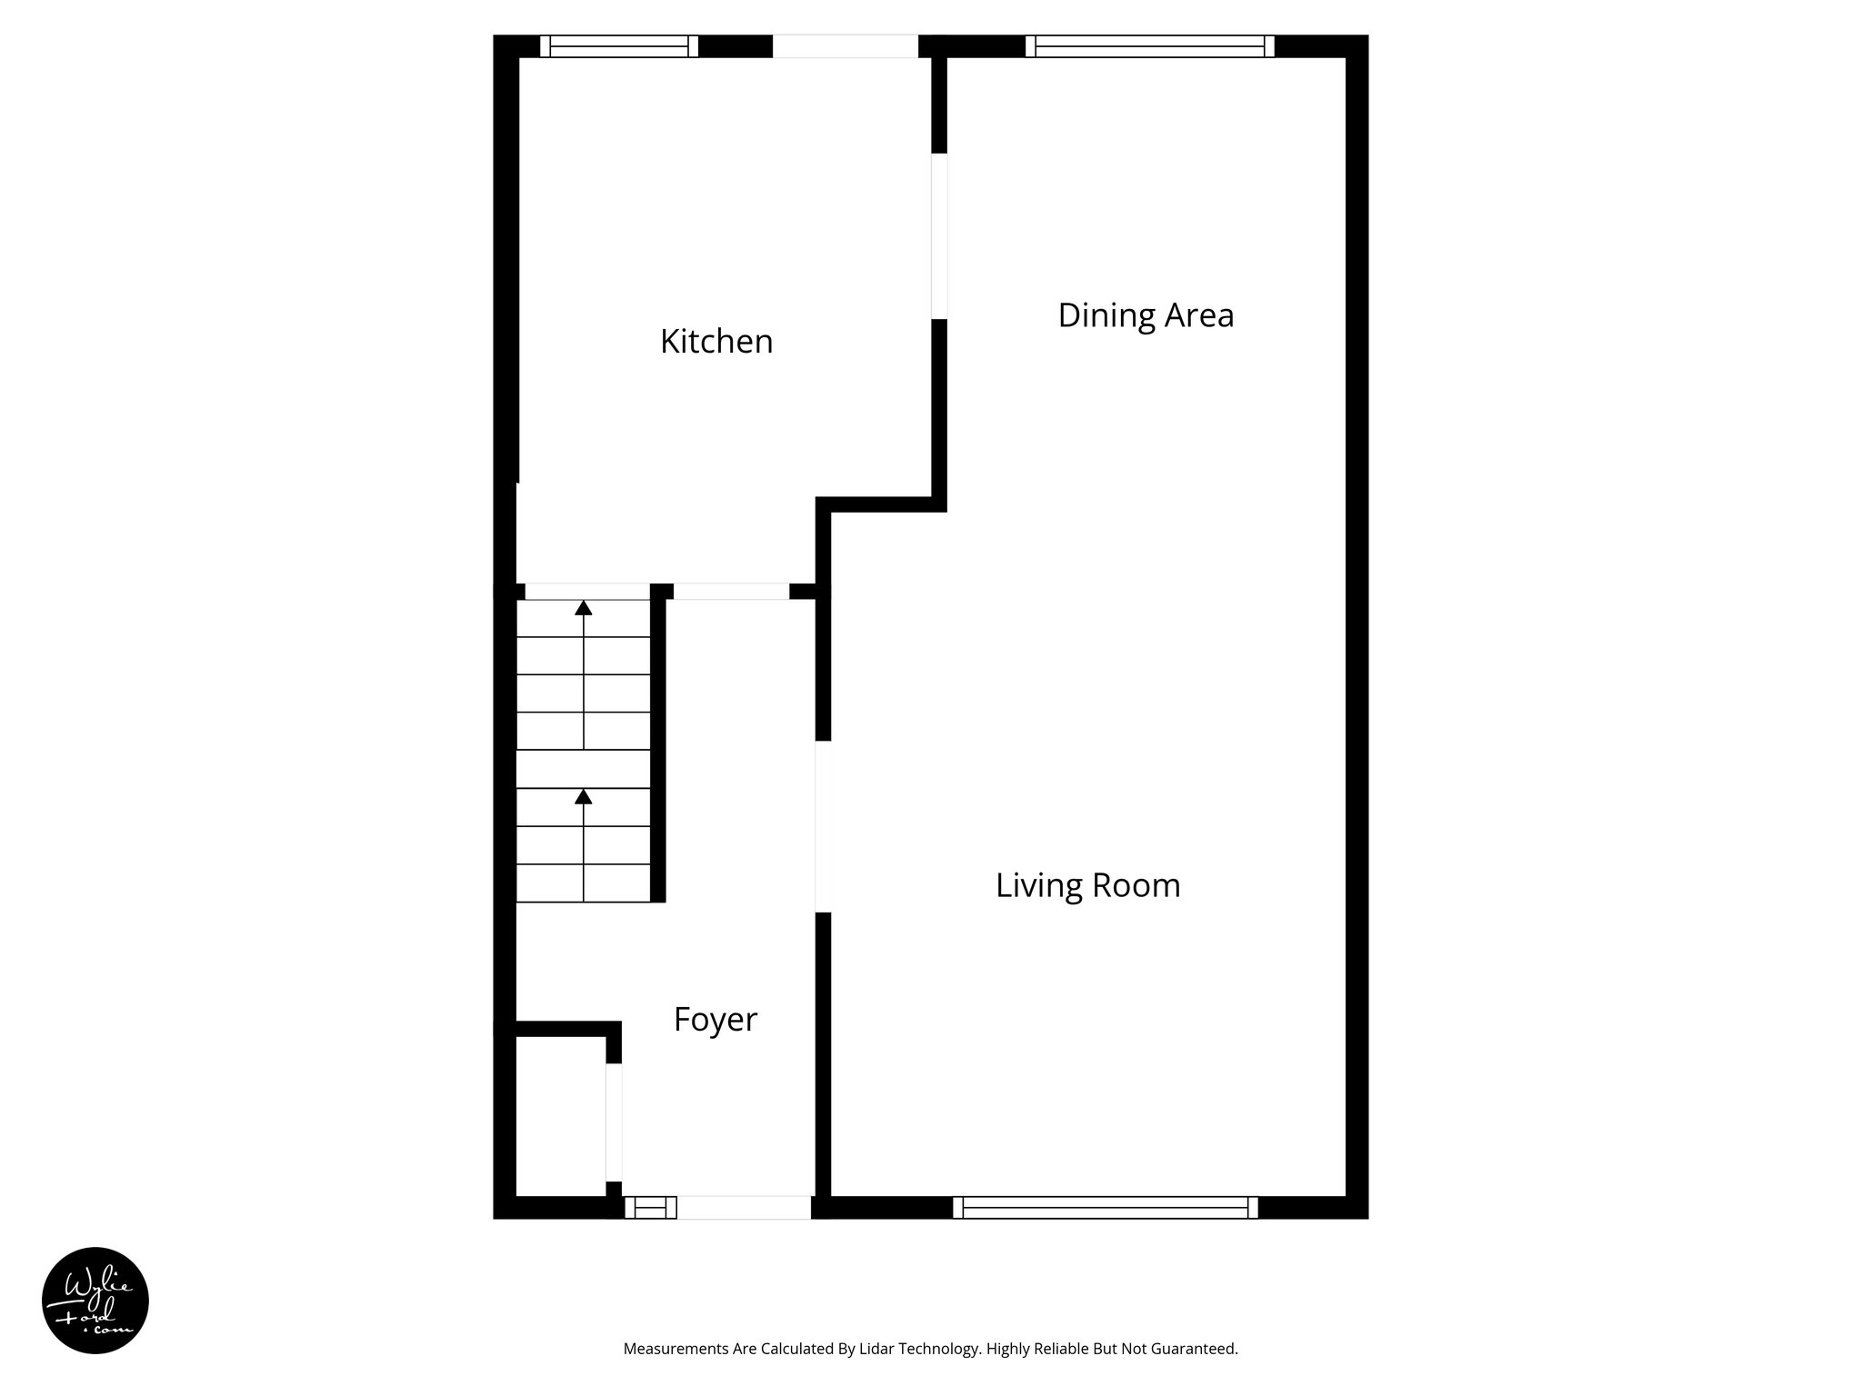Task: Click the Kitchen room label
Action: [x=716, y=342]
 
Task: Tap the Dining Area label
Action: [x=1146, y=315]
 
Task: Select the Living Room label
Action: [x=1087, y=885]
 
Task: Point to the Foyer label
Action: [x=715, y=1019]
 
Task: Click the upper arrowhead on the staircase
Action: [x=584, y=607]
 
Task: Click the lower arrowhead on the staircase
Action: [x=584, y=796]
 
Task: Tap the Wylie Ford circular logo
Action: [x=95, y=1301]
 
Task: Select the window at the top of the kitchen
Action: [x=619, y=46]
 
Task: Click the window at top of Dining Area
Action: [x=1149, y=46]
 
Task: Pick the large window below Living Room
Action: [x=1105, y=1207]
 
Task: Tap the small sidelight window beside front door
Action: [x=650, y=1207]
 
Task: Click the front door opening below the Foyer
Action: [x=744, y=1207]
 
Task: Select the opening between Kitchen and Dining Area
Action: [x=939, y=236]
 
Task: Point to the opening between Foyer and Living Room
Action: [x=824, y=826]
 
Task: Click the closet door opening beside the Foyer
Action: [x=614, y=1122]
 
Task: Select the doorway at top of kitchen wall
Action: [x=845, y=46]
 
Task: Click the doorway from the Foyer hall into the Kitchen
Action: [x=731, y=591]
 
